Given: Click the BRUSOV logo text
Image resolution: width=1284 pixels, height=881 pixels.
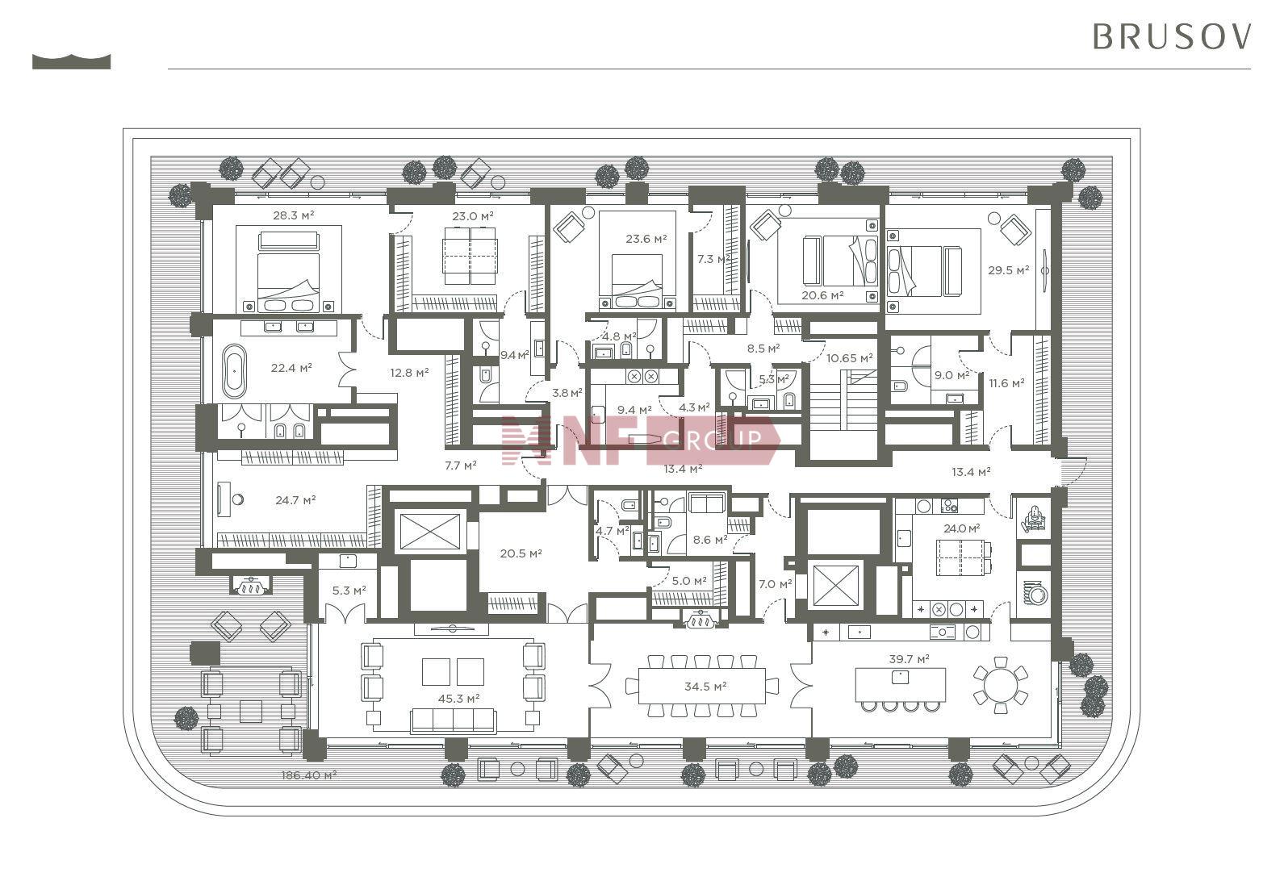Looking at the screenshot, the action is tap(1172, 37).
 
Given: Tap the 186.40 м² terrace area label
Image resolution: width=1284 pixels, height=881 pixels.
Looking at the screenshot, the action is tap(308, 775).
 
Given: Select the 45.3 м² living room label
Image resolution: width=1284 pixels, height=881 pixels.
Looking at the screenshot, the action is tap(458, 698).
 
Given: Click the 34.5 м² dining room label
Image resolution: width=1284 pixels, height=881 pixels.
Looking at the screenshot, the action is tap(705, 686).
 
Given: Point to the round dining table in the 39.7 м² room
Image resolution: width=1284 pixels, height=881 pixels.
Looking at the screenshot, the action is tap(1000, 685).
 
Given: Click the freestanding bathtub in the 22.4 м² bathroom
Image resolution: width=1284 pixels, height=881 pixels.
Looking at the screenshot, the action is tap(234, 371).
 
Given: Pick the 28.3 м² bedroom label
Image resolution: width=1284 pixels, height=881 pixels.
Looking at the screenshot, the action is tap(294, 215).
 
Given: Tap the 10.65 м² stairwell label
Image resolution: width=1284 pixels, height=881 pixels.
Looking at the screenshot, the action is tap(850, 358).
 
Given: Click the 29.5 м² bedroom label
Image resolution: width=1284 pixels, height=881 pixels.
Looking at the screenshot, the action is tap(1008, 270).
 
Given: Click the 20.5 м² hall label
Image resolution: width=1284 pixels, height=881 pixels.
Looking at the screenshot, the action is tap(521, 553).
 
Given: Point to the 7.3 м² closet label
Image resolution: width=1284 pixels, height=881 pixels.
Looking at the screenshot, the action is tap(713, 259).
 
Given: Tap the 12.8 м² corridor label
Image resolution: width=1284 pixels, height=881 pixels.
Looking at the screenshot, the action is tap(409, 373).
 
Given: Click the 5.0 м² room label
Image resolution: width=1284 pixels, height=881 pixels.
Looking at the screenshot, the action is tap(689, 581).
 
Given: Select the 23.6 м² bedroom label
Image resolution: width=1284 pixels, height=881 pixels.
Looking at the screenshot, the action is tap(646, 239).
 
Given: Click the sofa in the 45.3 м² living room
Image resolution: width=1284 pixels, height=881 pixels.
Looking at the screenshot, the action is tap(453, 720).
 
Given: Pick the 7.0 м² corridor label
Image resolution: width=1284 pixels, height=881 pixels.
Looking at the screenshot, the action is tap(775, 584).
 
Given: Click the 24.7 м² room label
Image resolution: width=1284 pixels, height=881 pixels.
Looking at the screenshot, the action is tap(295, 500).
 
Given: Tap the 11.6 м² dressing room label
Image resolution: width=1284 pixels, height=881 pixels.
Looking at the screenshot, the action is tap(1006, 383).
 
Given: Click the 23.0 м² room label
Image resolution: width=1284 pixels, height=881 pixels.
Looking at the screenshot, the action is tap(473, 216).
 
